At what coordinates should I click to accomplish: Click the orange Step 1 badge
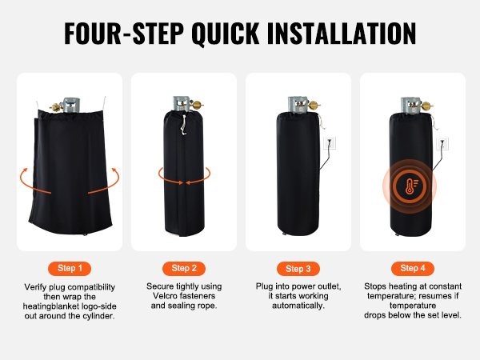[x=70, y=269]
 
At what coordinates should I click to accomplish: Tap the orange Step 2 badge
[x=184, y=269]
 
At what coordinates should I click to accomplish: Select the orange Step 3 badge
[x=298, y=269]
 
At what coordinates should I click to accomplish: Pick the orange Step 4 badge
[x=413, y=269]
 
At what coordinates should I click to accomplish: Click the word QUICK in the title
[x=226, y=34]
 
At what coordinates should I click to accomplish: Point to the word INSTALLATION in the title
[x=342, y=33]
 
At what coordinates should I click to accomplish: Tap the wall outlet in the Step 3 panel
[x=330, y=142]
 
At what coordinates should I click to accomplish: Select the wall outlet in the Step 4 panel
[x=442, y=144]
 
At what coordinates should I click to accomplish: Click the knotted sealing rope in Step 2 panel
[x=183, y=125]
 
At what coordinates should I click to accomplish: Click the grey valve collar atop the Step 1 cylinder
[x=71, y=106]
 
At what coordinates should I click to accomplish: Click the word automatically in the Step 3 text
[x=298, y=306]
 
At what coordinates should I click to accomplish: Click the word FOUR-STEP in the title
[x=124, y=33]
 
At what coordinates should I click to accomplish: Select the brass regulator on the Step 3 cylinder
[x=313, y=106]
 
